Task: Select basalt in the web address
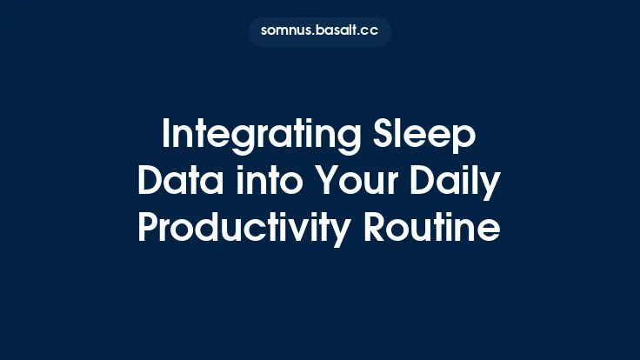pyautogui.click(x=340, y=32)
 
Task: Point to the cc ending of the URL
pyautogui.click(x=370, y=32)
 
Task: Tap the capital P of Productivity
pyautogui.click(x=149, y=229)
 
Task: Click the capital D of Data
pyautogui.click(x=150, y=182)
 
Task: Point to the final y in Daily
pyautogui.click(x=492, y=186)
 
